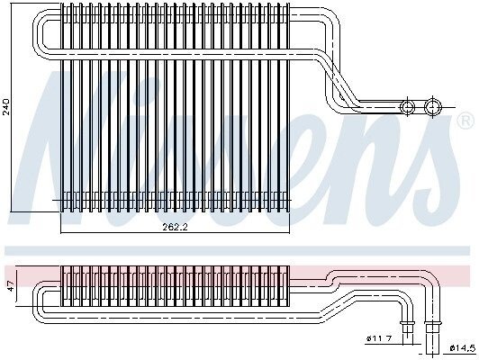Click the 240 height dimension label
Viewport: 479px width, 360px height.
click(6, 106)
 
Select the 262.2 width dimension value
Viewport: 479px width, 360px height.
click(175, 227)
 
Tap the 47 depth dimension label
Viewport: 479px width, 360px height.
click(11, 286)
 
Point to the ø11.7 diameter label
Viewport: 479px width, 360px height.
click(379, 338)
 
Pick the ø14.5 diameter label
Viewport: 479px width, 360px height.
click(463, 347)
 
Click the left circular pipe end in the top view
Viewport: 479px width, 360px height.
click(407, 107)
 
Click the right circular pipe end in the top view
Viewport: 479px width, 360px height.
click(433, 107)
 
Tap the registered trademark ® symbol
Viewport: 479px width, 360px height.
click(465, 121)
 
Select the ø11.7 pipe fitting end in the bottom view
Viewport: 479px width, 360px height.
click(407, 332)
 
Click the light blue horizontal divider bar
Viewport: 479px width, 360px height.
click(238, 250)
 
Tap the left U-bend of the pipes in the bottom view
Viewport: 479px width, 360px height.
click(38, 302)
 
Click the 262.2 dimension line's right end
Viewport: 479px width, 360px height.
click(289, 233)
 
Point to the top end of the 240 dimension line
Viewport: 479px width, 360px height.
click(11, 3)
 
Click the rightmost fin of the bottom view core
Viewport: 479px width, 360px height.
click(287, 286)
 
